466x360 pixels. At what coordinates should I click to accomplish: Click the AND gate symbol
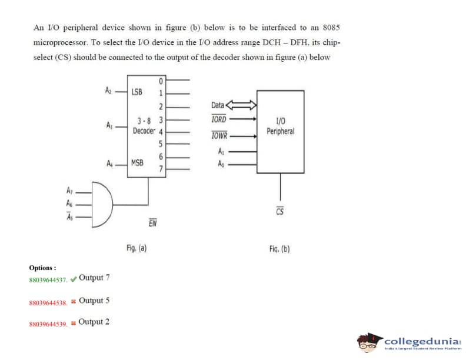point(101,204)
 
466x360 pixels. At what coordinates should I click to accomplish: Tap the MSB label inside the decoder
point(138,162)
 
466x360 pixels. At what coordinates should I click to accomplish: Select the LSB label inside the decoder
point(137,92)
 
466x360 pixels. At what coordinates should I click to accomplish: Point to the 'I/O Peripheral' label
point(280,126)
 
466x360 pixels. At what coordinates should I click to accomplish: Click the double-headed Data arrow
point(242,105)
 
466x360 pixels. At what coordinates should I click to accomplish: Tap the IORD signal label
point(218,119)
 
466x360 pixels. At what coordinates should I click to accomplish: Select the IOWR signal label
point(219,136)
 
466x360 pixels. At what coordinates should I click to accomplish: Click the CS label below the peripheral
point(280,211)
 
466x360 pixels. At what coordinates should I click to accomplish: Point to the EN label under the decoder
point(152,223)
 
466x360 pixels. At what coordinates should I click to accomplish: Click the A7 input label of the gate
point(70,191)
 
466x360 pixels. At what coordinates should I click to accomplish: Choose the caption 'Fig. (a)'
point(137,248)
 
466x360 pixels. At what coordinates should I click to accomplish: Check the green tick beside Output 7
point(73,279)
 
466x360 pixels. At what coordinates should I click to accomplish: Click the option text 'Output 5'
point(94,301)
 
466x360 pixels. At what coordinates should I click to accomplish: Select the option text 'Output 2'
point(94,322)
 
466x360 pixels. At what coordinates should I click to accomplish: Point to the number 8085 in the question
point(331,28)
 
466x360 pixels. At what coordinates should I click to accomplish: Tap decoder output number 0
point(160,81)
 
